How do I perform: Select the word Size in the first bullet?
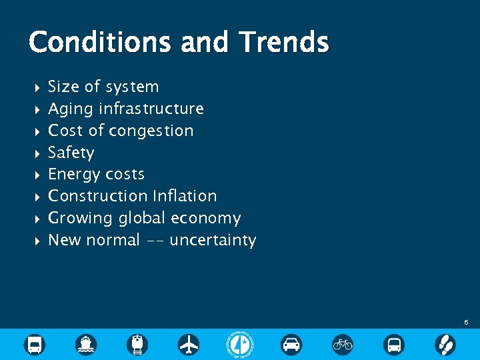63,87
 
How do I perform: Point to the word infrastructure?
151,109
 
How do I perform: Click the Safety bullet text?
71,153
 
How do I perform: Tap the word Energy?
73,175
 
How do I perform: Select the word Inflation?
185,196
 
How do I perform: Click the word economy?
206,219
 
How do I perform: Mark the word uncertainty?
213,240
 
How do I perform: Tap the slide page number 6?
466,323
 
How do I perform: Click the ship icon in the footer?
86,344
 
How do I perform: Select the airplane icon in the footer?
189,344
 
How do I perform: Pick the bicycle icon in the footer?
343,344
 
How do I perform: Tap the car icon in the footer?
291,344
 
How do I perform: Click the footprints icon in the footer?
445,344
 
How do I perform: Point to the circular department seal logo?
240,344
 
